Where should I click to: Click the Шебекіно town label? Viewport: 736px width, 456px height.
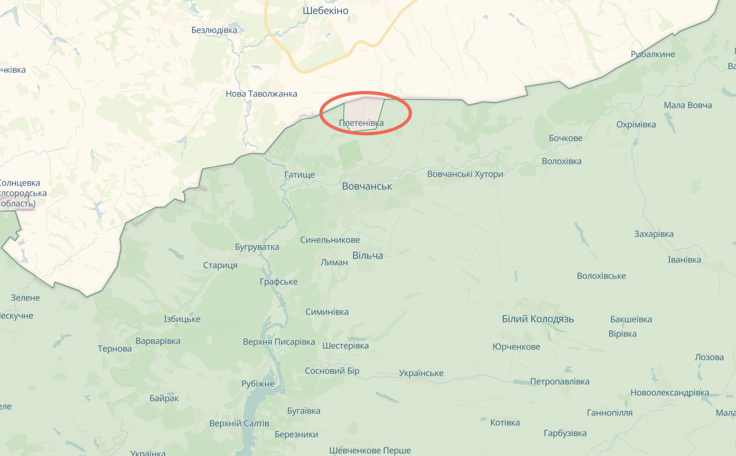pos(325,11)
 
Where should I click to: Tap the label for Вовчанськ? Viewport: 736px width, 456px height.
pos(367,186)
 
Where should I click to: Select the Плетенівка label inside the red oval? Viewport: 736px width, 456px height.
pos(361,123)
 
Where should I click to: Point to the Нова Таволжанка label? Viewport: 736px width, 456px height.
pos(261,94)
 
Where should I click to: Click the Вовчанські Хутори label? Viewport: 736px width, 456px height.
pos(465,174)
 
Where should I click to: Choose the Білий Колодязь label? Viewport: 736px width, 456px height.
pos(538,319)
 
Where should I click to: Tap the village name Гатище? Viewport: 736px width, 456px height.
pos(299,175)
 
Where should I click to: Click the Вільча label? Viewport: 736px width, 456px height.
pos(368,255)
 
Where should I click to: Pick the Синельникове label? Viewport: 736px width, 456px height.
pos(330,240)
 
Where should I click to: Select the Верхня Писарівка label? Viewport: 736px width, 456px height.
pos(279,342)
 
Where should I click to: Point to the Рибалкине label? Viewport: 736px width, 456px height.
pos(653,54)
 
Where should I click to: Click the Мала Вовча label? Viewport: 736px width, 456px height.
pos(688,105)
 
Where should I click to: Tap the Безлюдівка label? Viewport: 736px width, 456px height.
pos(214,30)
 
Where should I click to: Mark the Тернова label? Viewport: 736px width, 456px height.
pos(115,349)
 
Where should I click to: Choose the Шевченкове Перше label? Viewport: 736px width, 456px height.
pos(370,450)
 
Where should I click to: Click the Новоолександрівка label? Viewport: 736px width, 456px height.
pos(669,393)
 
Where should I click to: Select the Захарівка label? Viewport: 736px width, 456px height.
pos(654,234)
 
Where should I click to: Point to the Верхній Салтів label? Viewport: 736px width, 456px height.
pos(239,424)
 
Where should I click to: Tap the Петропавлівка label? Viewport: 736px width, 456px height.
pos(560,382)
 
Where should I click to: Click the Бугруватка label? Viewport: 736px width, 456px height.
pos(257,247)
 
